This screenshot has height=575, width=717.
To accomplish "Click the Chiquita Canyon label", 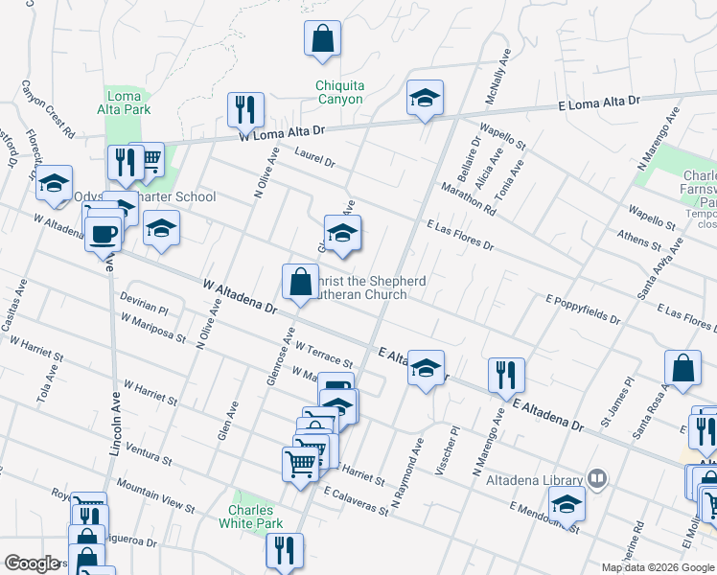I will tap(339, 92).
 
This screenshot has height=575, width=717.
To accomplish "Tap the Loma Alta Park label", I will tap(125, 103).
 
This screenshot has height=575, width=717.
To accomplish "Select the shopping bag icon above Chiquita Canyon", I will tap(323, 39).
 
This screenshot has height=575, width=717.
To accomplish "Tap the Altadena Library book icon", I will tap(597, 477).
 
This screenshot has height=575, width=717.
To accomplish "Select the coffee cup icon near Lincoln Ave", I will tap(104, 233).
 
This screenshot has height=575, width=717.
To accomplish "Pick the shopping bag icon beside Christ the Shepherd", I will tap(300, 281).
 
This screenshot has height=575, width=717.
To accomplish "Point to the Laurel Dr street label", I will tap(314, 157).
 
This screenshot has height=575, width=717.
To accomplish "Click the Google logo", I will tap(33, 564).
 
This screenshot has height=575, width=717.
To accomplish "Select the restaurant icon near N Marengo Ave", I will tap(506, 375).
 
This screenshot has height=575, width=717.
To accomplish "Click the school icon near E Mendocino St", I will tap(567, 503).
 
